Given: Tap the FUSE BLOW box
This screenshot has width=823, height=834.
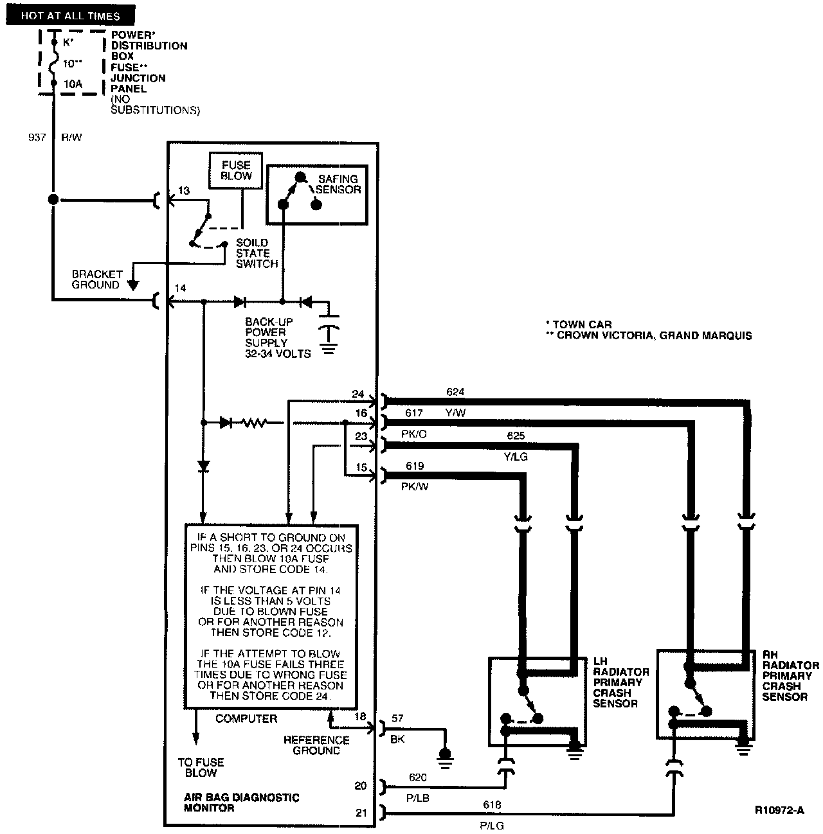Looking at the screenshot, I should [x=236, y=171].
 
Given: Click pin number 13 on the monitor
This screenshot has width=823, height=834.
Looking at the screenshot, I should [x=184, y=190].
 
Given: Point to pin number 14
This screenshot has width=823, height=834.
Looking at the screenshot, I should [x=181, y=288].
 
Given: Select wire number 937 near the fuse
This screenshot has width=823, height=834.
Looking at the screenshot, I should [x=37, y=137].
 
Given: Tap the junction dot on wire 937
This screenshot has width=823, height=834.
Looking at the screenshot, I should [x=53, y=200].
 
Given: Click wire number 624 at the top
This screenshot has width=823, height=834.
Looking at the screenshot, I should [x=455, y=391].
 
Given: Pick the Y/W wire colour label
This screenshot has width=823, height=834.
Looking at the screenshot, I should [x=455, y=413].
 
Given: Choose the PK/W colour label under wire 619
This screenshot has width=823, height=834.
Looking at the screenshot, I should [x=415, y=487].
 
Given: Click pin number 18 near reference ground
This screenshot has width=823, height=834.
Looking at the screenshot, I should [x=360, y=716].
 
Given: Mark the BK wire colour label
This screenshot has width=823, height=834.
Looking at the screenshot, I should [x=397, y=740].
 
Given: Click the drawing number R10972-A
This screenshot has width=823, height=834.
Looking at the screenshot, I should [x=780, y=810].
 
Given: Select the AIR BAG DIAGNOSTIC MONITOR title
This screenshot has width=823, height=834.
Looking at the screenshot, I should [x=242, y=803].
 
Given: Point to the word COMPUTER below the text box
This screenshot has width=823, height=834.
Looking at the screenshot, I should [x=246, y=718].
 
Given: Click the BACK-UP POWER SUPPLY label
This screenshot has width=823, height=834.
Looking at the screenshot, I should [x=278, y=337].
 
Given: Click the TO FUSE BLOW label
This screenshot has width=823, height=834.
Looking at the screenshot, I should [x=201, y=767].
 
